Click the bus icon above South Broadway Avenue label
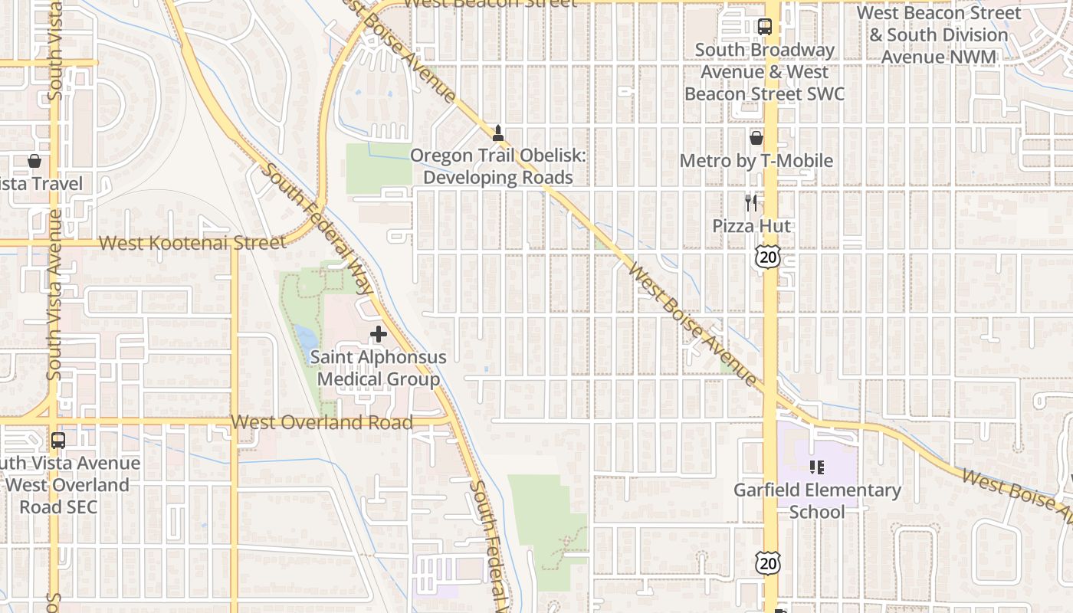coord(764,27)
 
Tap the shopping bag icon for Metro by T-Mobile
coord(756,138)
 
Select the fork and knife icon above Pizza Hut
coord(751,203)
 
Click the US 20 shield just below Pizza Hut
coord(767,256)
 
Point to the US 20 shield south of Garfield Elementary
coord(766,563)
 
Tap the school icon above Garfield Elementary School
coord(817,467)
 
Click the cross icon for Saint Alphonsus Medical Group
coord(378,334)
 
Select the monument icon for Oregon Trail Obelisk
coord(498,133)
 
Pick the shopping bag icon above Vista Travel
coord(34,161)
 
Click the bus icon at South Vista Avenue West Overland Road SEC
coord(58,441)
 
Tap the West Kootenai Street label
coord(192,243)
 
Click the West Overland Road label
coord(322,422)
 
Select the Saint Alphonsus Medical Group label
coord(378,368)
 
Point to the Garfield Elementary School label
coord(817,500)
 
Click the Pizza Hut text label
coord(751,226)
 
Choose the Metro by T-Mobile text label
coord(756,161)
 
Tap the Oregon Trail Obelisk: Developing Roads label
coord(498,166)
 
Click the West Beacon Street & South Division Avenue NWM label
coord(938,35)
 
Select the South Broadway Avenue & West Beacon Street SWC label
coord(764,72)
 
